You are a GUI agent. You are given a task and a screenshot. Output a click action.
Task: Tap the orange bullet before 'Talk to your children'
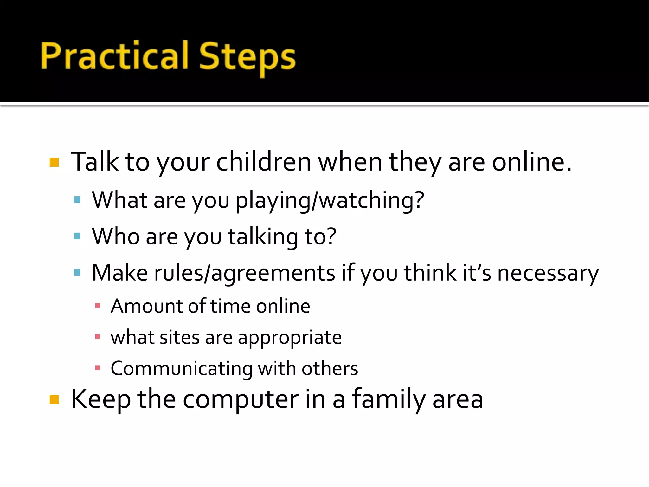click(x=54, y=162)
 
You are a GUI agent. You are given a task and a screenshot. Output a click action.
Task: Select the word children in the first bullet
click(x=263, y=162)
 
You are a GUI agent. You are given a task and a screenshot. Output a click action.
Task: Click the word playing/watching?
click(x=330, y=201)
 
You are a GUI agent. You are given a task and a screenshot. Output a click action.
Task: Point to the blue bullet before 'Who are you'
click(x=77, y=236)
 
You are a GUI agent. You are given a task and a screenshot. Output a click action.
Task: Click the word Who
click(x=115, y=237)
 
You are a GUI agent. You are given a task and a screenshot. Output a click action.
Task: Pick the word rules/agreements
click(x=244, y=273)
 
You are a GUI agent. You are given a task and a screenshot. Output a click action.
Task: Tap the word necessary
click(x=548, y=273)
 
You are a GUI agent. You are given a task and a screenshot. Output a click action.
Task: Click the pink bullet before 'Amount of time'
click(x=98, y=306)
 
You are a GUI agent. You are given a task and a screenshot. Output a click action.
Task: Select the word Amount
click(x=146, y=306)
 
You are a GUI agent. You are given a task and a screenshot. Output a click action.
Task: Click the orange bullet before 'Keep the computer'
click(x=54, y=400)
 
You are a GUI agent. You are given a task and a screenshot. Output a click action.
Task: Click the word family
click(x=389, y=399)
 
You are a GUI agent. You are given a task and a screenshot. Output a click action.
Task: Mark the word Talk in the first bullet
click(x=94, y=162)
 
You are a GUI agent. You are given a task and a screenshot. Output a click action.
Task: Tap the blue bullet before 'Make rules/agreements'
click(x=77, y=273)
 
